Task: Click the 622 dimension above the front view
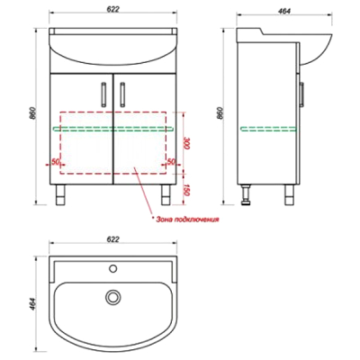point(113,9)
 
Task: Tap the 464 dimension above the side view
point(284,11)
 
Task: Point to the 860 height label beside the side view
point(220,113)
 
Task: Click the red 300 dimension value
point(186,144)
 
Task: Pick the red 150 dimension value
point(186,190)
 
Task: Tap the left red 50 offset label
point(55,162)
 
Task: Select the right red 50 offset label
point(171,162)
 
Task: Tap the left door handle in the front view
point(103,94)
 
